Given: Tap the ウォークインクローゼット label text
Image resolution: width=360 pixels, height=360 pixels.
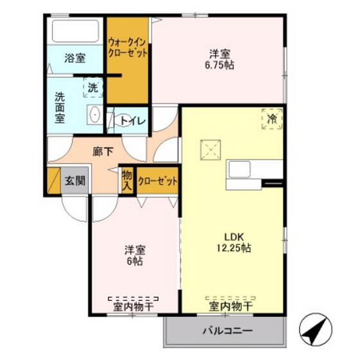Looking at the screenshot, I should coord(128,47).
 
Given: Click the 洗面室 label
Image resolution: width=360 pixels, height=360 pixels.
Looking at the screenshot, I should coord(59,107).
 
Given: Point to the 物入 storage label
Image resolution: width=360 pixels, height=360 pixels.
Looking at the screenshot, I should coord(127,181).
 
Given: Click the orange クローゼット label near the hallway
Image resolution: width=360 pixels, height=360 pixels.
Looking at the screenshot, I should coord(157,181).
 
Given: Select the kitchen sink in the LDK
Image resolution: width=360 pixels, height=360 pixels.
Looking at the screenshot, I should coord(240,170).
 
